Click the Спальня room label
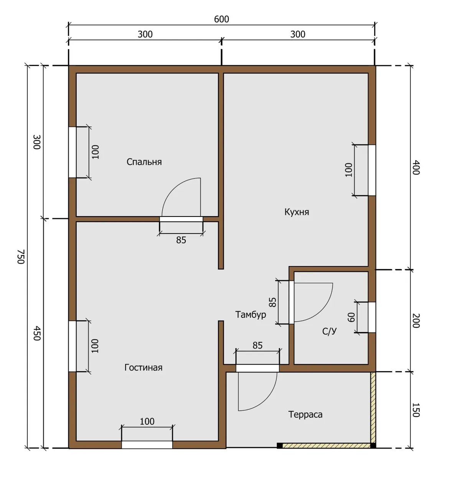pos(144,162)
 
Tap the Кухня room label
pos(297,212)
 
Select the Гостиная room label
pos(143,367)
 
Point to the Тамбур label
pos(251,315)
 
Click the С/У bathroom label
pos(329,331)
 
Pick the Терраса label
pos(305,415)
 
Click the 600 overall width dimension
pos(221,19)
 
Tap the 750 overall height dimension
pos(21,257)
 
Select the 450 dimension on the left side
pos(37,333)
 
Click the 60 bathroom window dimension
pos(351,317)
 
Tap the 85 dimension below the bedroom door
pos(181,240)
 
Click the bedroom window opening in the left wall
pos(73,152)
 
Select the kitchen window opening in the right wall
pos(372,170)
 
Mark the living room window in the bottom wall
pos(147,445)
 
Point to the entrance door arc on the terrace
pos(266,399)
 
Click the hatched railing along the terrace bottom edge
pos(326,446)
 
